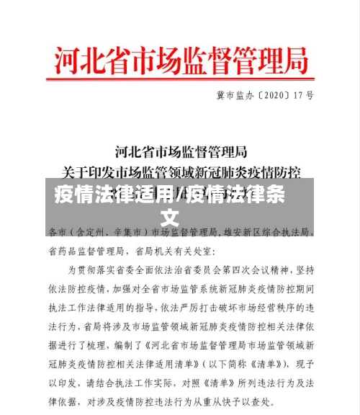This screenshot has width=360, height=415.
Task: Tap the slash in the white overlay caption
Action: (x=180, y=194)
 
